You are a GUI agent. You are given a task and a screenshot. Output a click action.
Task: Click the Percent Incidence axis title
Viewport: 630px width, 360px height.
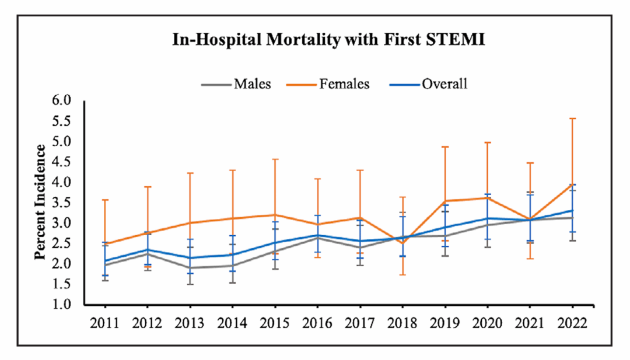(40, 202)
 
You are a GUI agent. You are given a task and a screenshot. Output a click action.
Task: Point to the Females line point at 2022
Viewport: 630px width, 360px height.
(572, 184)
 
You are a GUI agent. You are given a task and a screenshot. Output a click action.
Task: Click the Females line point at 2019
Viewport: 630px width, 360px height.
(445, 201)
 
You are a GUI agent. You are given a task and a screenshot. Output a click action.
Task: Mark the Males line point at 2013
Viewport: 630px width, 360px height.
(190, 268)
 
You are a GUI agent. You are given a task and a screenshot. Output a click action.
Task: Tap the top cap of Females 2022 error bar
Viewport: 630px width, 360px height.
(572, 118)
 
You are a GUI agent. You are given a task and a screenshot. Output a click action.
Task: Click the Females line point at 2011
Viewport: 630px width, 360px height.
(105, 243)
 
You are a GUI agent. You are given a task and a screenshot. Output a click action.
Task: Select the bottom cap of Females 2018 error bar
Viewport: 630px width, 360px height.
(402, 275)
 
